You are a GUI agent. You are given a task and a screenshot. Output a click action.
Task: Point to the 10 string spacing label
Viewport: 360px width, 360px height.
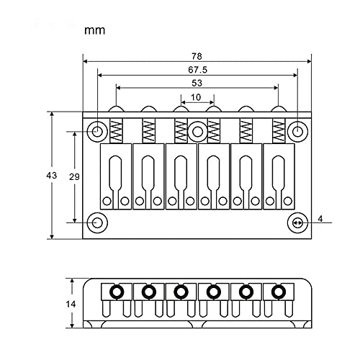[196, 97]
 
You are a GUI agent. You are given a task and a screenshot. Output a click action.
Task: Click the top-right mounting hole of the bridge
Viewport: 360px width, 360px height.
[297, 131]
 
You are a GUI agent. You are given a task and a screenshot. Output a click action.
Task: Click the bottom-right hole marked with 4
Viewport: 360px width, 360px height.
[297, 222]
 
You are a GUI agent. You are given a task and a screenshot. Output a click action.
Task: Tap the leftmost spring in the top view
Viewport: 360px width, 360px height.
[117, 130]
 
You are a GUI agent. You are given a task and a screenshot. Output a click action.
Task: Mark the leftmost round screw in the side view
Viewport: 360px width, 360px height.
[116, 292]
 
